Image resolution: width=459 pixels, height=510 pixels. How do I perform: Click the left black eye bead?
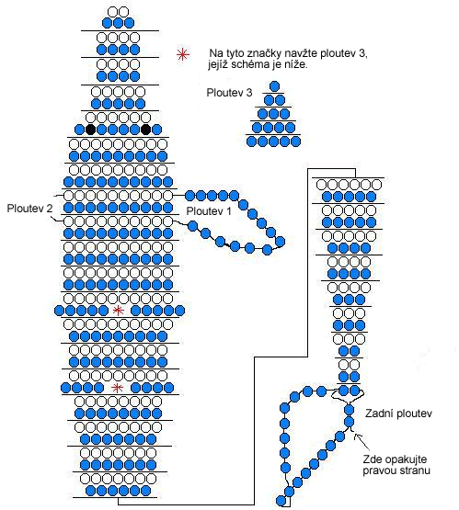90,130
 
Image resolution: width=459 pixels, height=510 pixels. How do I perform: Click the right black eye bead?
146,130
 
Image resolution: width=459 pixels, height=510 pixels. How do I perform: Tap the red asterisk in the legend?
183,54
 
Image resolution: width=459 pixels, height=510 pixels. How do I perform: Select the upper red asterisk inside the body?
118,311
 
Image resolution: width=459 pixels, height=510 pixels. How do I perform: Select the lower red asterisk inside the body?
117,388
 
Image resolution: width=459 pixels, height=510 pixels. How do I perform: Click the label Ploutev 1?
209,211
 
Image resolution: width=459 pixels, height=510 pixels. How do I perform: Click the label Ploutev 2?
29,209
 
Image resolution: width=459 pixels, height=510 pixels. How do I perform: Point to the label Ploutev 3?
230,93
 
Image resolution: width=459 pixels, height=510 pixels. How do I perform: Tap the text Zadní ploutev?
398,414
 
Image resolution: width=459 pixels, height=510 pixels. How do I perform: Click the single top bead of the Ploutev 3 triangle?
275,86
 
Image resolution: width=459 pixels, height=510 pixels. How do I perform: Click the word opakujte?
406,459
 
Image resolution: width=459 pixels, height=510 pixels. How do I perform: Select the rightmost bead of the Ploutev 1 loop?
280,242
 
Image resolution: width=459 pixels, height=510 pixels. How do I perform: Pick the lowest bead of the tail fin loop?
281,500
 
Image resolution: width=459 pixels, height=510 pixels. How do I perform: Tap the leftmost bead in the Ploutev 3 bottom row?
252,142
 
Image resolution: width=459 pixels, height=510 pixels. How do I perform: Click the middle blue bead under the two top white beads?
118,23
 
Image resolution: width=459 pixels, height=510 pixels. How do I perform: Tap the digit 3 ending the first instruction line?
362,53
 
